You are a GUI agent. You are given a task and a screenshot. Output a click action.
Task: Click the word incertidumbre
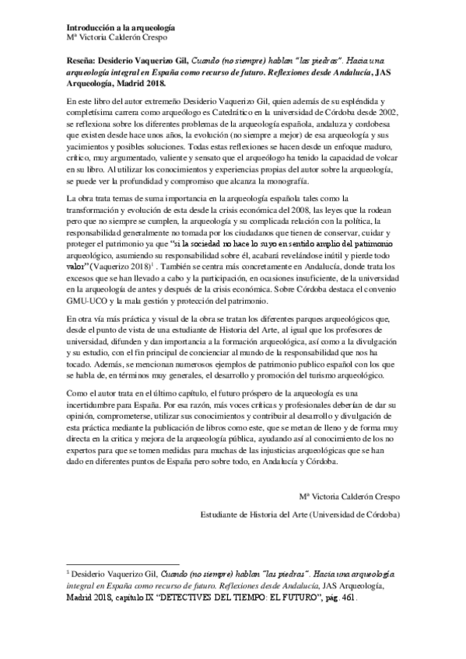point(94,406)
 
